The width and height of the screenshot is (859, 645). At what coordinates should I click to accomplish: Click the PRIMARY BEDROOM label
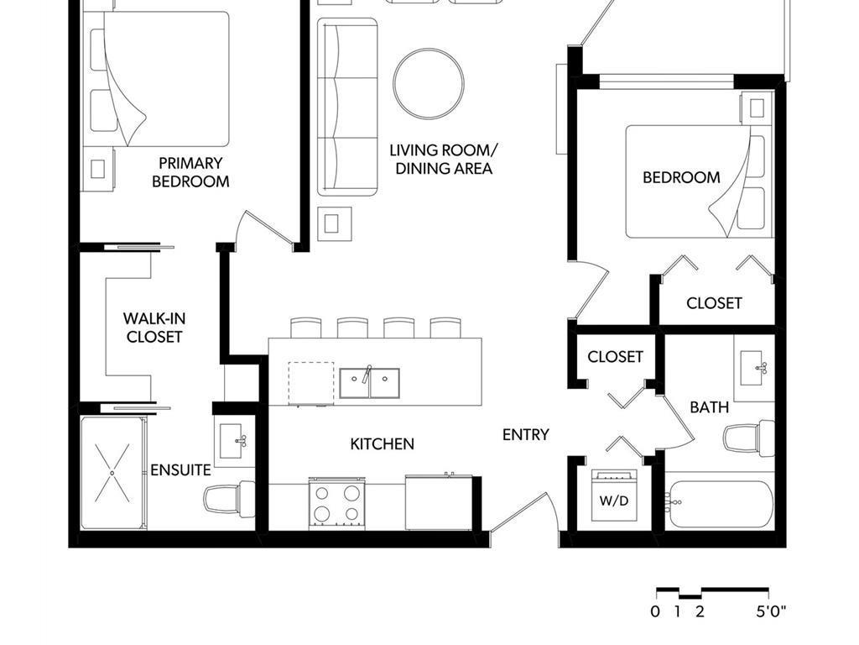[190, 172]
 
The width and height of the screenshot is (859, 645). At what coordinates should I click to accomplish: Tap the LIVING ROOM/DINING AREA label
[444, 160]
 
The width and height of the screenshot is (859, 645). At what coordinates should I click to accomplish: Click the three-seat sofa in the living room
[346, 107]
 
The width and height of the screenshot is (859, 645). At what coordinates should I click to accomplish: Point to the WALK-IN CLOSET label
[154, 328]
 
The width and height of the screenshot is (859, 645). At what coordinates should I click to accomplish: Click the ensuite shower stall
[112, 473]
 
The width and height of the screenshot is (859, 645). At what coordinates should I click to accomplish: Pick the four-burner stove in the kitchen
[336, 503]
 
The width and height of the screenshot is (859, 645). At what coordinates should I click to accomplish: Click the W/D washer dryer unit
[613, 496]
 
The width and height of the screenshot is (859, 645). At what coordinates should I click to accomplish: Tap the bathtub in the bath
[720, 504]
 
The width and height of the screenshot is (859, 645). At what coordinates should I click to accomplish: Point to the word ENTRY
[526, 434]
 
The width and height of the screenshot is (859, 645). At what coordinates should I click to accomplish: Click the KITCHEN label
[382, 443]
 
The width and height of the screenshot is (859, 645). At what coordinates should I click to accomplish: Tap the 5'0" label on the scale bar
[771, 611]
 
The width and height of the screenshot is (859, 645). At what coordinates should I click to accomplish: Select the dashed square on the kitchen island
[310, 384]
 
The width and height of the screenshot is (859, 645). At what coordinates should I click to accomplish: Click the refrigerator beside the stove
[439, 503]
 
